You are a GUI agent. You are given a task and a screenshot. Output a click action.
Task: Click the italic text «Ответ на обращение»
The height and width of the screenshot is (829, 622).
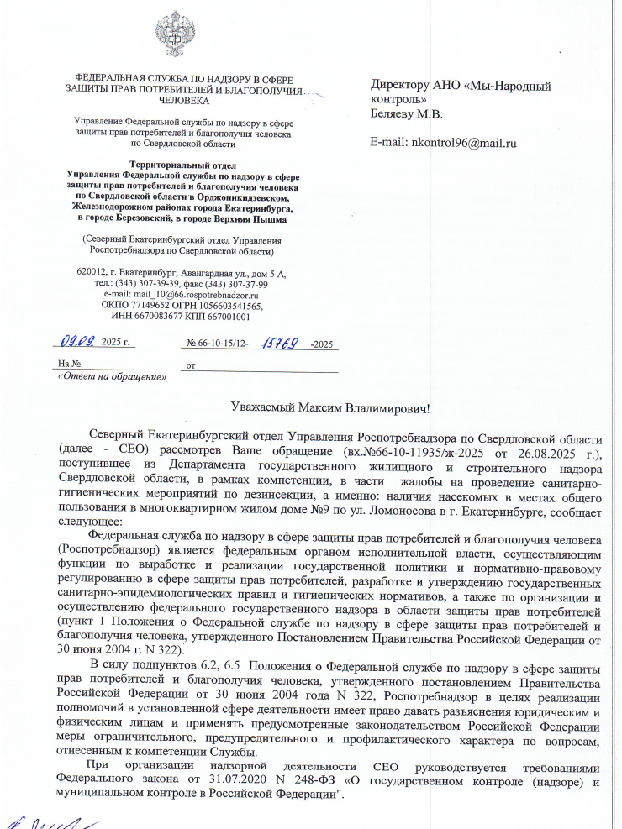point(110,376)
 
